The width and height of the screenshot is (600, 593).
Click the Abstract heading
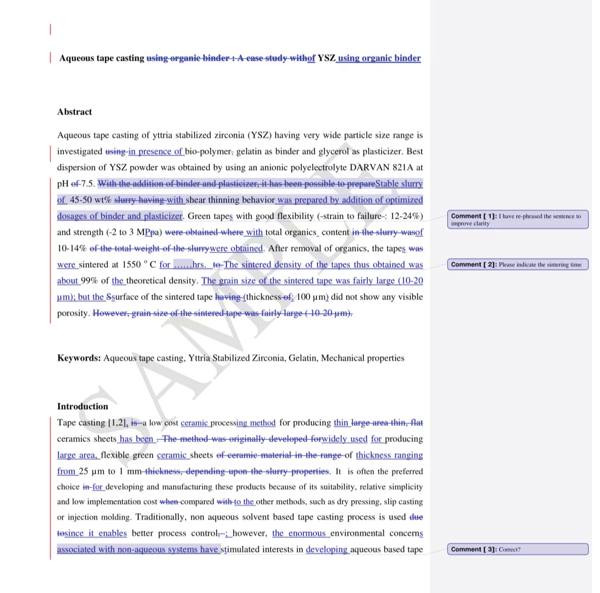click(74, 112)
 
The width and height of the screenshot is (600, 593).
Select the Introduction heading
click(82, 406)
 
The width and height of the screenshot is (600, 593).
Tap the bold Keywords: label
click(79, 358)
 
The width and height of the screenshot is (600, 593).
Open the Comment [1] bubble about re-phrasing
click(517, 220)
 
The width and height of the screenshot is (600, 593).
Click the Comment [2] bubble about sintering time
click(517, 265)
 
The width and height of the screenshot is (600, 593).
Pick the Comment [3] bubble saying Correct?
click(517, 550)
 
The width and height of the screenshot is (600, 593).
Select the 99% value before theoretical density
click(89, 281)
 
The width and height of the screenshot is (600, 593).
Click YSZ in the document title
click(326, 58)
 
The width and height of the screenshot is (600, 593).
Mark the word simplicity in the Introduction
click(401, 487)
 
